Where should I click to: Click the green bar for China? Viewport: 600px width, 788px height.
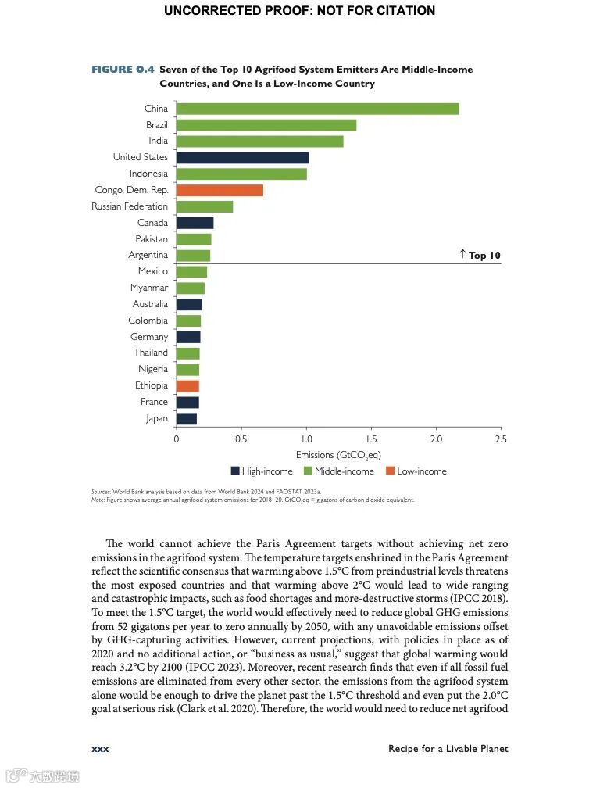coord(317,109)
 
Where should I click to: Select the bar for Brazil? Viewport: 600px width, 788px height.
coord(266,125)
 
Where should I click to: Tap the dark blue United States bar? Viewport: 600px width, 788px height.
coord(242,157)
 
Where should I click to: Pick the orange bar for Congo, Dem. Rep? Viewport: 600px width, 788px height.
coord(220,190)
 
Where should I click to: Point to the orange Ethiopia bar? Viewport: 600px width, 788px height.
coord(187,385)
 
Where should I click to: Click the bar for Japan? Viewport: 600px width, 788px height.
coord(187,418)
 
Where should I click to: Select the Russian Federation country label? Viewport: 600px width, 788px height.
coord(130,206)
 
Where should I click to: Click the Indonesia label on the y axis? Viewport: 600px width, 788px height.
coord(148,174)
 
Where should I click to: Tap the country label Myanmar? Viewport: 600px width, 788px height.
coord(149,288)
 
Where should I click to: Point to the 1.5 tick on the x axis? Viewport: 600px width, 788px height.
coord(371,439)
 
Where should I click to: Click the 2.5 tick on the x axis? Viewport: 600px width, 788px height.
coord(501,439)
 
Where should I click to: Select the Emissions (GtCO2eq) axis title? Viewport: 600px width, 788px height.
coord(338,455)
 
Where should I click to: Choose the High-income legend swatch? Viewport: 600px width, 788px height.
coord(235,471)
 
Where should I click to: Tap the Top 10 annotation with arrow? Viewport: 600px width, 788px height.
coord(480,255)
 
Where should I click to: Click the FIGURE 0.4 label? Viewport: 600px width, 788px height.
coord(123,70)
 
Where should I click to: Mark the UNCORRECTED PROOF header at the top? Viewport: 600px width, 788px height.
coord(299,11)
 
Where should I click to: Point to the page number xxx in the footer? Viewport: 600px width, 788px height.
coord(100,749)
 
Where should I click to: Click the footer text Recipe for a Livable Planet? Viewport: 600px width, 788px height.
coord(448,749)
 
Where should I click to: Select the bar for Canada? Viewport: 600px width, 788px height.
coord(195,223)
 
